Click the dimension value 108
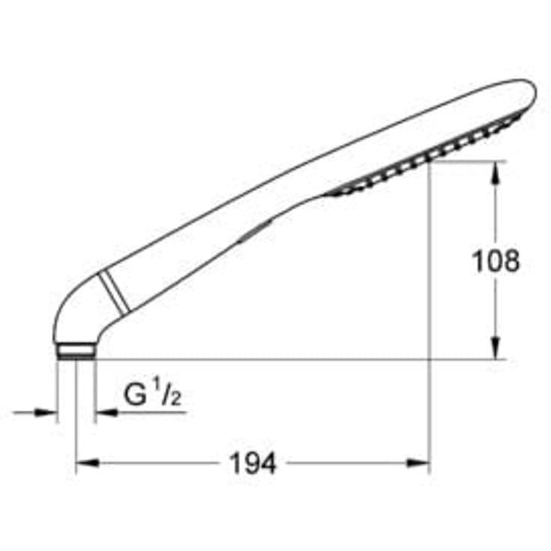[x=494, y=261]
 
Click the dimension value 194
[x=253, y=464]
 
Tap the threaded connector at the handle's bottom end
[x=76, y=351]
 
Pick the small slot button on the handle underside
[x=253, y=232]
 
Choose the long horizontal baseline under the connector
[x=300, y=359]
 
